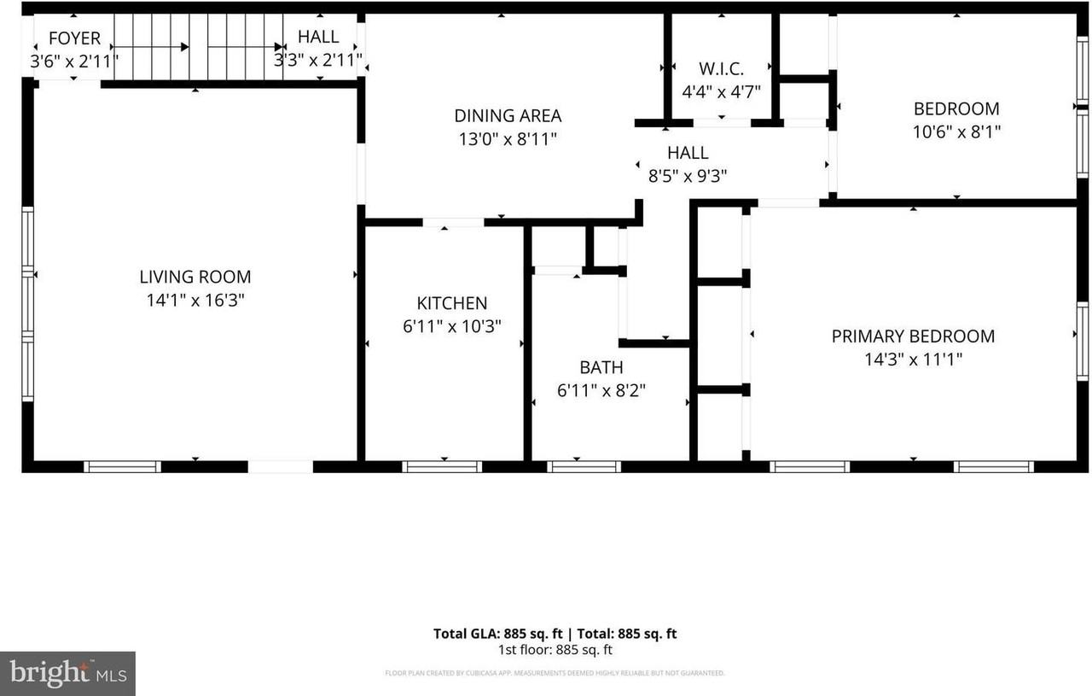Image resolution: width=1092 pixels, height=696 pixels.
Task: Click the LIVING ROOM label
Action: point(195,277)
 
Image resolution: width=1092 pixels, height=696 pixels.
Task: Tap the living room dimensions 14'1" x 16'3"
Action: point(195,300)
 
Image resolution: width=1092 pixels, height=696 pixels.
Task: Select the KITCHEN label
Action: point(451,303)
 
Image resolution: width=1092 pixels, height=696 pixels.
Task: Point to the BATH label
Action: point(601,367)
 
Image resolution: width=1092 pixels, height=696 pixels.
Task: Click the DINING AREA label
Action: point(508,115)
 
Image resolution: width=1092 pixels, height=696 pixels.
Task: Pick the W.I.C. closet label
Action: point(721,67)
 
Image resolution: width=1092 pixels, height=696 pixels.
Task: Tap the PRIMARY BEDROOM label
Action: point(913,336)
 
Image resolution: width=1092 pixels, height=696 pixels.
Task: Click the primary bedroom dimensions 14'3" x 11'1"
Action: point(913,360)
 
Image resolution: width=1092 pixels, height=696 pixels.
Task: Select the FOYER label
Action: point(74,38)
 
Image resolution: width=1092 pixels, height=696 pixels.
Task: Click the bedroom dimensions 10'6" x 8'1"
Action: point(956,132)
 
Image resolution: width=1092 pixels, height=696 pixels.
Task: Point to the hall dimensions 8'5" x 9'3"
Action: point(688,176)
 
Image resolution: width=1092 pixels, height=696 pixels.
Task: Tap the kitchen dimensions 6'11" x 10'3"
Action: point(451,325)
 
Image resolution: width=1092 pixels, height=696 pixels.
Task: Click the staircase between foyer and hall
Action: point(198,47)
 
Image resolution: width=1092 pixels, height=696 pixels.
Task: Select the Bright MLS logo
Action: point(67,673)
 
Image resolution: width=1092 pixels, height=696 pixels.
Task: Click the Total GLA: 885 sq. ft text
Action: point(498,634)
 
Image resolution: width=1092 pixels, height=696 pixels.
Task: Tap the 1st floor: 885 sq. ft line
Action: point(555,650)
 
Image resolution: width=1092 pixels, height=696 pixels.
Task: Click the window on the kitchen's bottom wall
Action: point(442,466)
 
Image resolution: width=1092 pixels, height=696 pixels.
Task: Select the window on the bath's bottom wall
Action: point(584,466)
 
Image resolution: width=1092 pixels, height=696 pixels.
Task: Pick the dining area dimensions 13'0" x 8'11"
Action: point(508,138)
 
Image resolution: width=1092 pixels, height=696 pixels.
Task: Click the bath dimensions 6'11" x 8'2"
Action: point(601,390)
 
